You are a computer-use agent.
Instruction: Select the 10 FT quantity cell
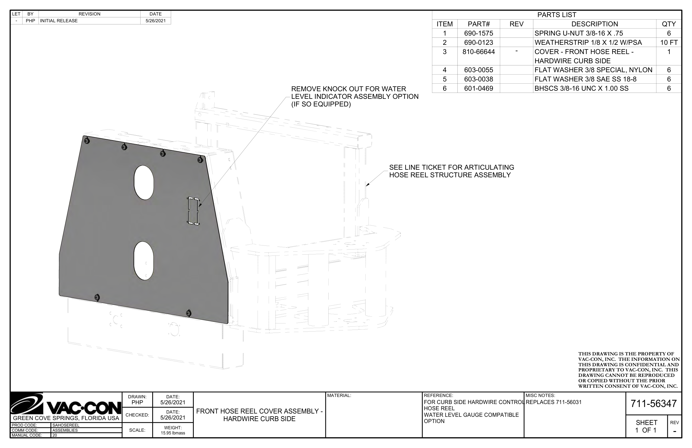point(668,42)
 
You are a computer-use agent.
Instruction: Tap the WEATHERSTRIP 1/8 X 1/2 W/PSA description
point(588,42)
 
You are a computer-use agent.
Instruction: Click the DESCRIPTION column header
point(594,24)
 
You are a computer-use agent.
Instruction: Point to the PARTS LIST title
point(557,15)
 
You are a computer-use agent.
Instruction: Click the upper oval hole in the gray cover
point(144,182)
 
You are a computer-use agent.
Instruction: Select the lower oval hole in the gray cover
point(144,261)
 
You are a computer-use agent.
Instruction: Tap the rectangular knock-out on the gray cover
point(193,211)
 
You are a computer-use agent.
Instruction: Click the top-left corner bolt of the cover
point(86,141)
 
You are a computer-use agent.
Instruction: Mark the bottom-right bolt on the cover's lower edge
point(189,313)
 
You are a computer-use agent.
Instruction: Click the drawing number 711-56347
point(653,403)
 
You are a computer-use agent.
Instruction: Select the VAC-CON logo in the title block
point(66,404)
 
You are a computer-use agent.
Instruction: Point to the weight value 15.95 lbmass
point(173,433)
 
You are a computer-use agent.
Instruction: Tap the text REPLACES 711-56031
point(554,402)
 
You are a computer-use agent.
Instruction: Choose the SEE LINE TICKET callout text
point(451,171)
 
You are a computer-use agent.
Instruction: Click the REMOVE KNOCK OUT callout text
point(355,97)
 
